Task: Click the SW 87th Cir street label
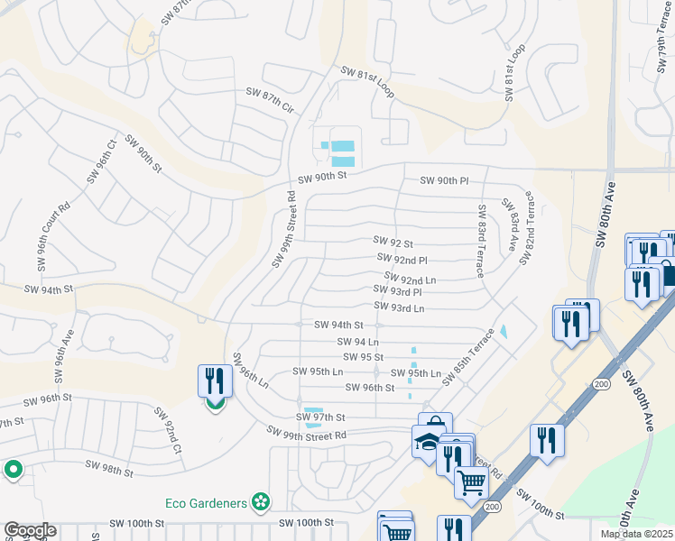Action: (271, 100)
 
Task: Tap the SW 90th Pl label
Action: (445, 181)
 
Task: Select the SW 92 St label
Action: (393, 243)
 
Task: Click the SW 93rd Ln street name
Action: (399, 308)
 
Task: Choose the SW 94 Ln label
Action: (357, 342)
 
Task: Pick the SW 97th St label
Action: (320, 417)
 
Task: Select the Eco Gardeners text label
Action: (208, 501)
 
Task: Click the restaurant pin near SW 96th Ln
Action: (213, 381)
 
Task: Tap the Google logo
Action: (30, 530)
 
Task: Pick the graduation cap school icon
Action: (426, 442)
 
